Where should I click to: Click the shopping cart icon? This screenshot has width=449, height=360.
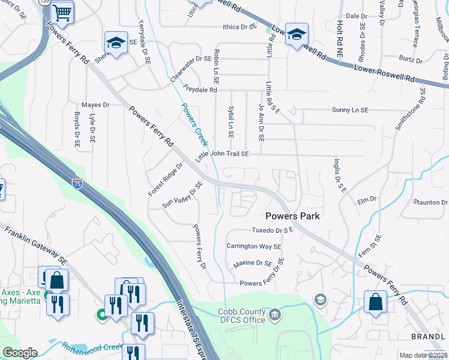[62, 11]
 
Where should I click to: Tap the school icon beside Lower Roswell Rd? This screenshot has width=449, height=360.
[297, 35]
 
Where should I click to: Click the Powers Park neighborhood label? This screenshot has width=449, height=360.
[292, 215]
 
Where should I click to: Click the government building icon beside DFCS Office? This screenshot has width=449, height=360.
[274, 313]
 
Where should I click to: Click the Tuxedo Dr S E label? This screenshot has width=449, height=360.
[272, 230]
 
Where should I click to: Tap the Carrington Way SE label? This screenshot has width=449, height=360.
[253, 246]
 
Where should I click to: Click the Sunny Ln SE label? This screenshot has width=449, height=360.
[350, 110]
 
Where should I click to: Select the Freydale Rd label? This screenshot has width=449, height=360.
[200, 89]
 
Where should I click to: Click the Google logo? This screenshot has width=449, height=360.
[20, 353]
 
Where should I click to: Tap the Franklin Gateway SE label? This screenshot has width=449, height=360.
[36, 245]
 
